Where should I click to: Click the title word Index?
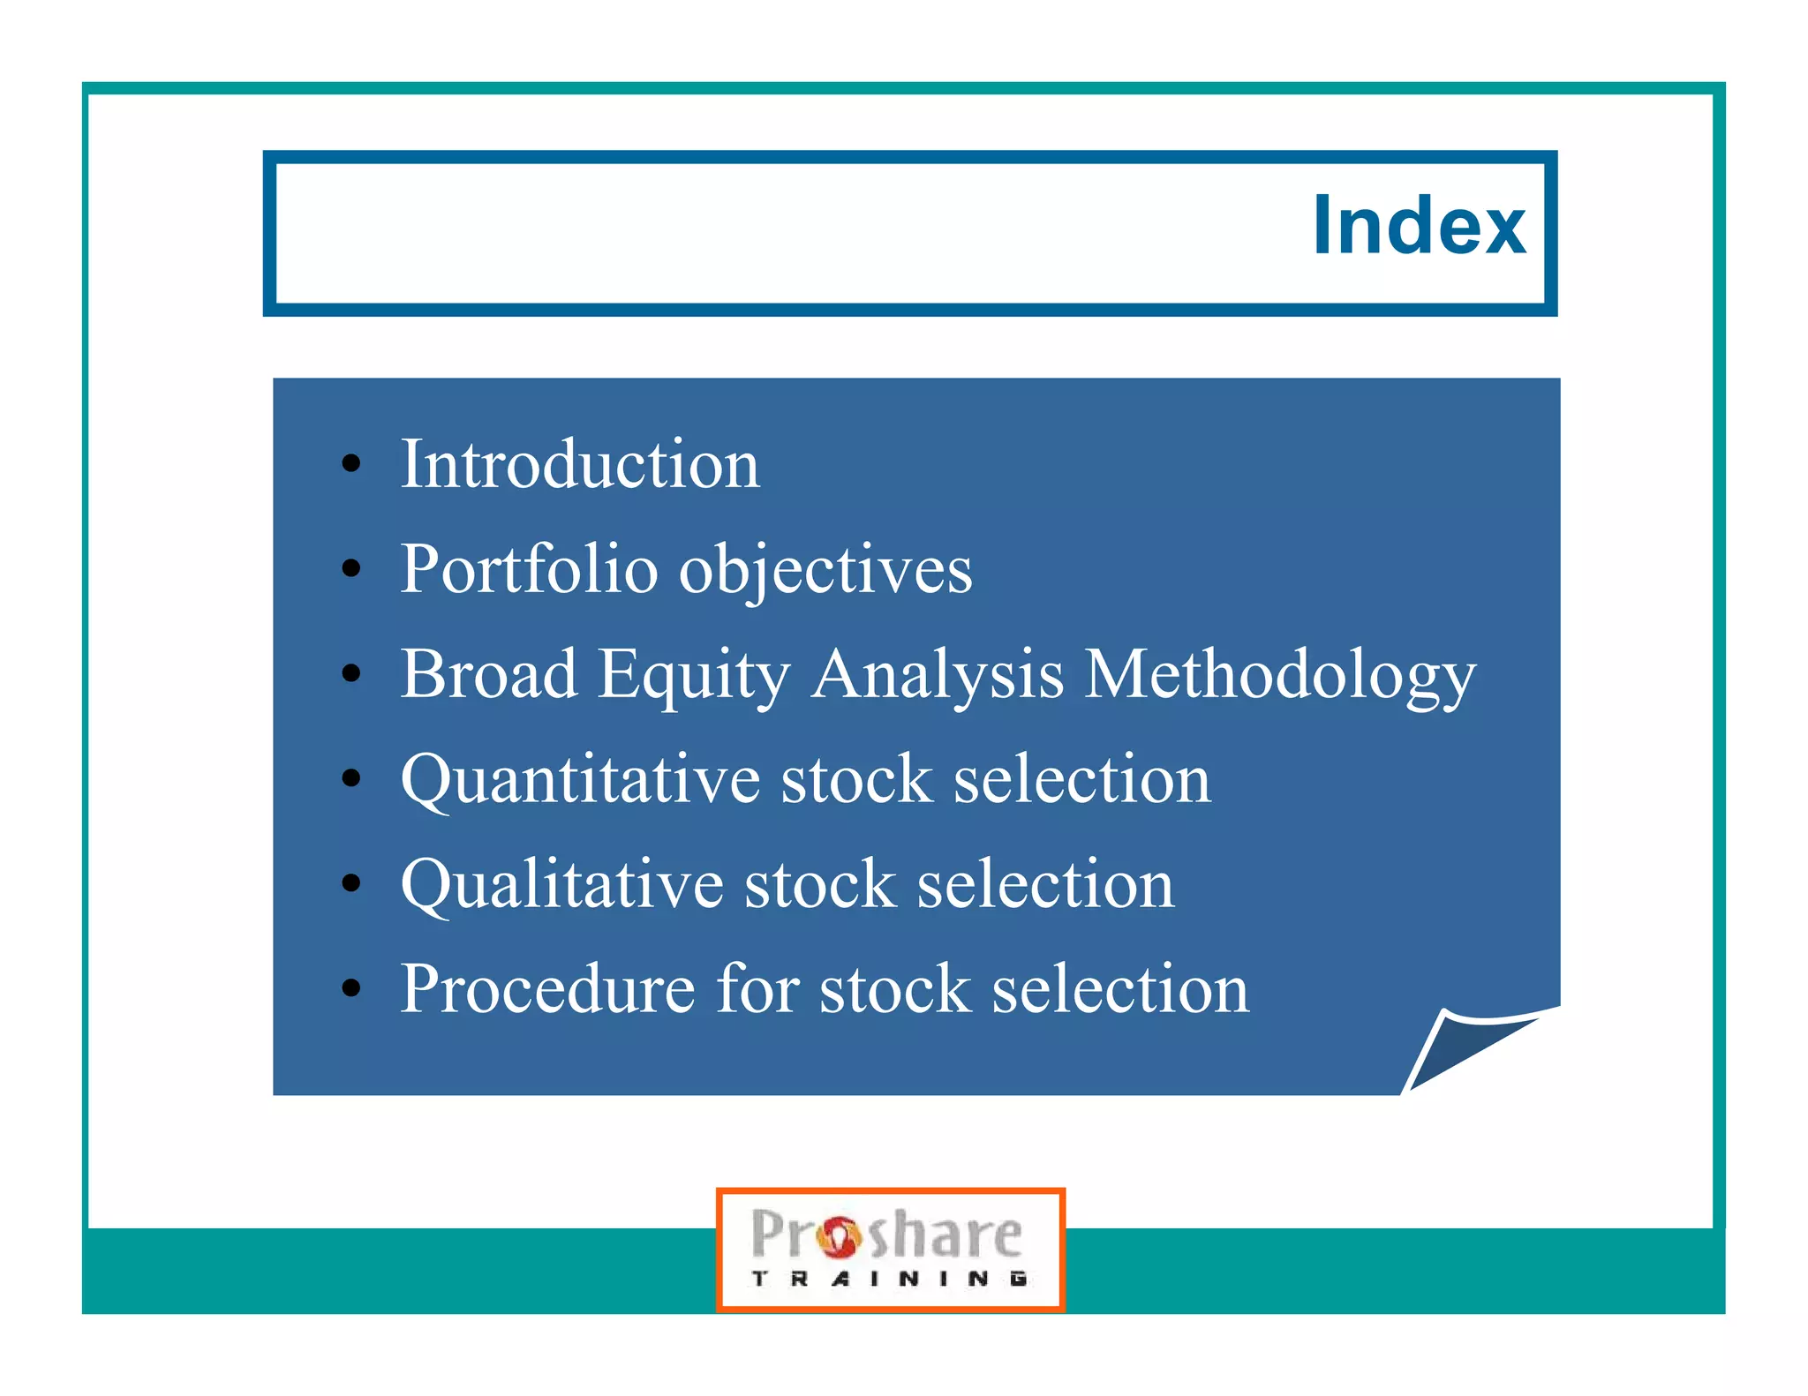(x=1418, y=226)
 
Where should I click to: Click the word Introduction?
(x=580, y=464)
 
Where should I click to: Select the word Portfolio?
(x=529, y=569)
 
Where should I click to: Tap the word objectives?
(x=825, y=571)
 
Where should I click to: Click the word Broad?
(x=489, y=674)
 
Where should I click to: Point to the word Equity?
(x=694, y=676)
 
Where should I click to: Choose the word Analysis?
(x=938, y=676)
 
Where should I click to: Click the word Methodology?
(x=1279, y=676)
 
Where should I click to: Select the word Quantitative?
(x=580, y=780)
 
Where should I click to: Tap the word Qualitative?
(x=561, y=885)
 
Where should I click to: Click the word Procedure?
(x=547, y=988)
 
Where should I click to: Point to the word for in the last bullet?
(x=757, y=988)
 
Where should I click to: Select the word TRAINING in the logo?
(x=888, y=1279)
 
